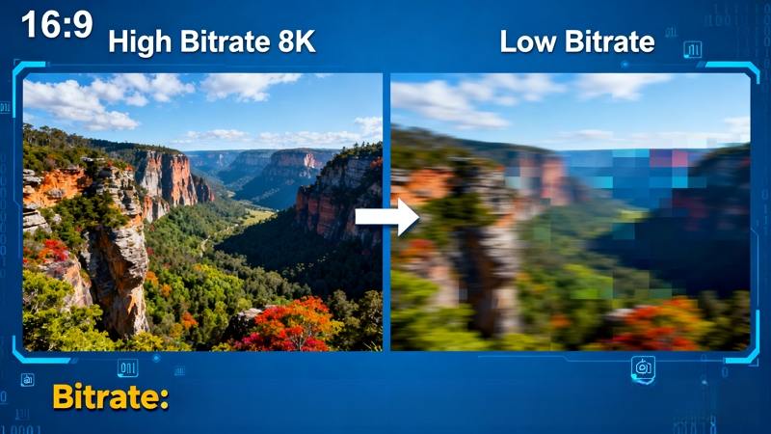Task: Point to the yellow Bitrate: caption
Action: [110, 396]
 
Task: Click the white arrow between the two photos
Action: [386, 216]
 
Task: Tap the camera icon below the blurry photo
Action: [643, 367]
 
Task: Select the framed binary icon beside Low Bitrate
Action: [693, 48]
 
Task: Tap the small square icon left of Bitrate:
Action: [27, 379]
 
